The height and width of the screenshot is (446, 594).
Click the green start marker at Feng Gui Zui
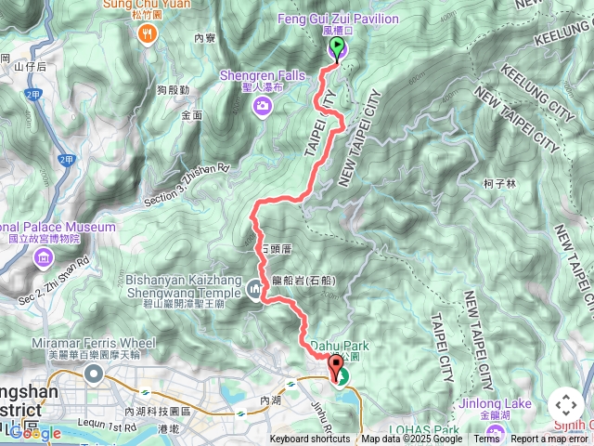(x=336, y=49)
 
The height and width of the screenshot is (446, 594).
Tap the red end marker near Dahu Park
(x=335, y=367)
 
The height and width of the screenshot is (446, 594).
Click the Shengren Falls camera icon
(x=263, y=106)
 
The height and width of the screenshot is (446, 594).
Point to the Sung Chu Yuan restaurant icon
(x=147, y=35)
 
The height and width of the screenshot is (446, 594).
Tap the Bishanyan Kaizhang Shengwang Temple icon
(x=257, y=291)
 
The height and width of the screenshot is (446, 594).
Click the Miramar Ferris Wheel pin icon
(x=93, y=374)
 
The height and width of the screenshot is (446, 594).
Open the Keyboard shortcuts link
(x=310, y=439)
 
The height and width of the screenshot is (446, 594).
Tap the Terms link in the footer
(x=486, y=439)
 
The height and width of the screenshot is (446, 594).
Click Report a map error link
(x=549, y=439)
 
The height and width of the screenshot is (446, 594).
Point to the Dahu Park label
(x=340, y=346)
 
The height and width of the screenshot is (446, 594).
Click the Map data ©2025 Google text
(x=412, y=439)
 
